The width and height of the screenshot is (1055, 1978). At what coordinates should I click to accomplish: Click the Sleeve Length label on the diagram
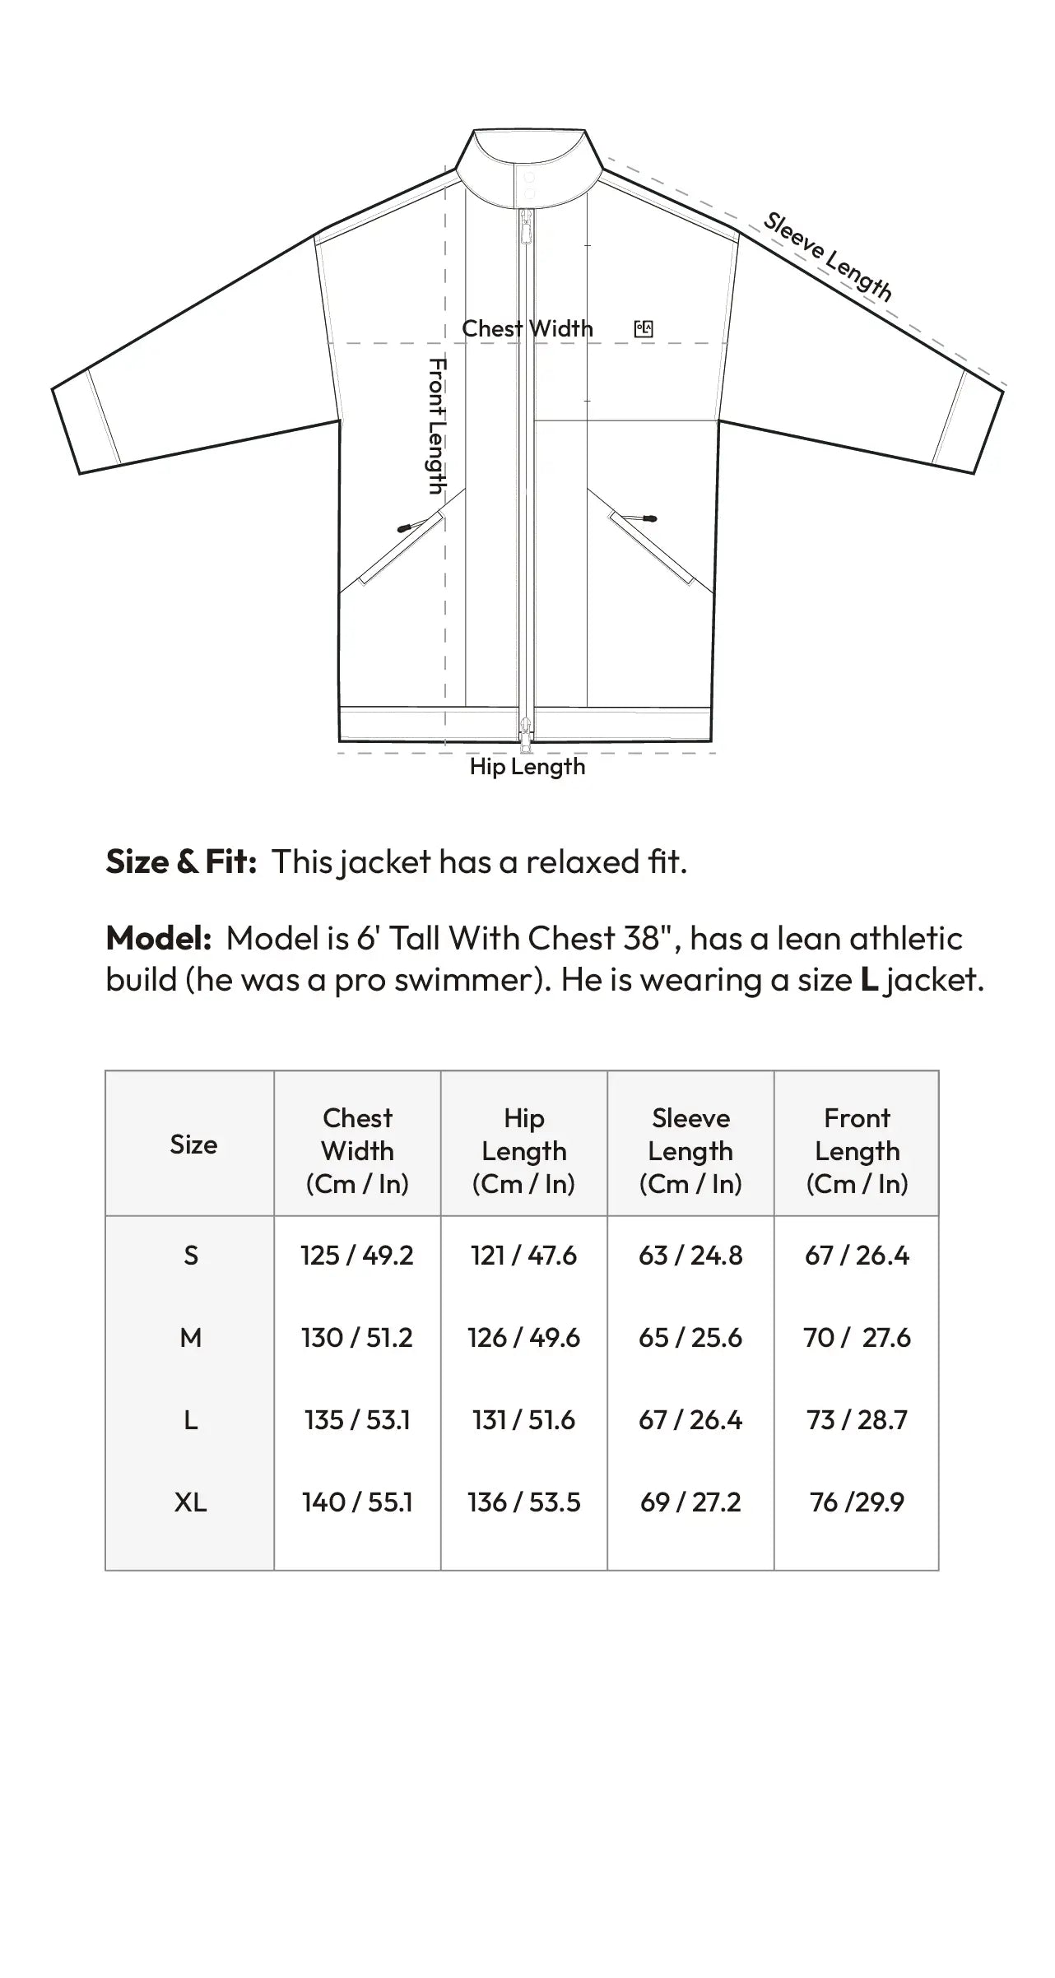pos(828,256)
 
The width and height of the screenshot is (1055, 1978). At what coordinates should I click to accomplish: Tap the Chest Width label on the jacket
pos(527,328)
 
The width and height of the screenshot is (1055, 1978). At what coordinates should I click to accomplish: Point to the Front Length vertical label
pos(437,425)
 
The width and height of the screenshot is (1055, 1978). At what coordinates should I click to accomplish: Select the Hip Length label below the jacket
pos(527,767)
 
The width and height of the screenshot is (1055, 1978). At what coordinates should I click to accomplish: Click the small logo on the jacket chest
pos(644,329)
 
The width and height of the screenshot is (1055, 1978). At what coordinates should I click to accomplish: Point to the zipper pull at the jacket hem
pos(526,731)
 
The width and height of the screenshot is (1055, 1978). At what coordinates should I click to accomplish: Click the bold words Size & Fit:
pos(182,861)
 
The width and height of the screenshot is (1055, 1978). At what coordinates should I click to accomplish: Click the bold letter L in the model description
pos(869,980)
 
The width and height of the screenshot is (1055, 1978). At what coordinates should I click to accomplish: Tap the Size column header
pos(193,1145)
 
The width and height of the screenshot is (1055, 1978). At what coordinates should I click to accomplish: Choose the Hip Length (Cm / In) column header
pos(524,1150)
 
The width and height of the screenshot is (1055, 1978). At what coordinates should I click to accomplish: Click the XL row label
pos(190,1502)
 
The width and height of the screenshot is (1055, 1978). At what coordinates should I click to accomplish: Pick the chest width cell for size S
pos(357,1256)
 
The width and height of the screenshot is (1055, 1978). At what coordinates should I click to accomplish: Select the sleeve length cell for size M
pos(690,1338)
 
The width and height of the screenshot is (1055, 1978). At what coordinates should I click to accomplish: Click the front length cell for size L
pos(857,1420)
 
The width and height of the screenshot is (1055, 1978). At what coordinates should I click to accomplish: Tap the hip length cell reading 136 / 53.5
pos(524,1502)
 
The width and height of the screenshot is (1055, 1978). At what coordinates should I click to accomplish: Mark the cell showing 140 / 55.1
pos(357,1502)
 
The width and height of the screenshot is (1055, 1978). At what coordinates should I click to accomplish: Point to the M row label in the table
pos(190,1338)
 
